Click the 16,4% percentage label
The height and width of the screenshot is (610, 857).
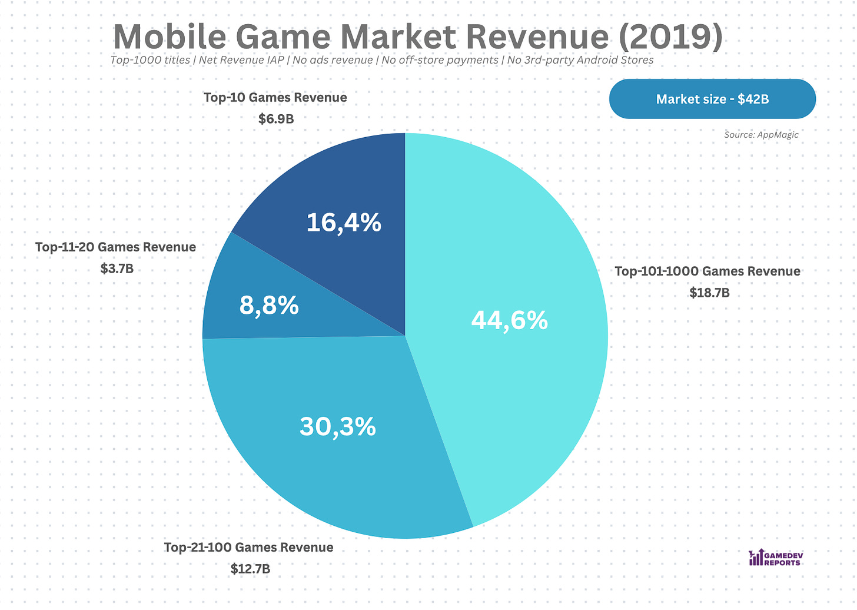click(x=344, y=223)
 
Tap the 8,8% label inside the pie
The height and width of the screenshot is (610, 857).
click(x=269, y=306)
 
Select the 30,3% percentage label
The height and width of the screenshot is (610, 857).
click(x=337, y=426)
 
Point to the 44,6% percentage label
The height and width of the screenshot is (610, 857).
click(x=509, y=320)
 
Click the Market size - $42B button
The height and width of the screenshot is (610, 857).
click(x=712, y=99)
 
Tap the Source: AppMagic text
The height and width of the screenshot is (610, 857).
click(x=761, y=135)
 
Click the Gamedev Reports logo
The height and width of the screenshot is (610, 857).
click(x=775, y=558)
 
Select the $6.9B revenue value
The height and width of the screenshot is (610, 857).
click(x=276, y=119)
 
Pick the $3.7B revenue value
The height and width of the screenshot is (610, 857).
click(x=117, y=269)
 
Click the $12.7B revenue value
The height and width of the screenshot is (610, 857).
click(x=250, y=569)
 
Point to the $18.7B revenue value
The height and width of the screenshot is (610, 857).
click(x=709, y=293)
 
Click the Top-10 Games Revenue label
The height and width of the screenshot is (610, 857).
click(x=275, y=97)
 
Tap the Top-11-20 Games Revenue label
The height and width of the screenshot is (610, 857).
click(x=115, y=247)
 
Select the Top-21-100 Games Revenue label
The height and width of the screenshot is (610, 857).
click(x=248, y=548)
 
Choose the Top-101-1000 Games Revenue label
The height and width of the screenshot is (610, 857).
click(x=707, y=271)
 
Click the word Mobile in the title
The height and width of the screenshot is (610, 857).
click(x=170, y=37)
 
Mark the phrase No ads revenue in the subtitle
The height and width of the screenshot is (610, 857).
click(x=333, y=60)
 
